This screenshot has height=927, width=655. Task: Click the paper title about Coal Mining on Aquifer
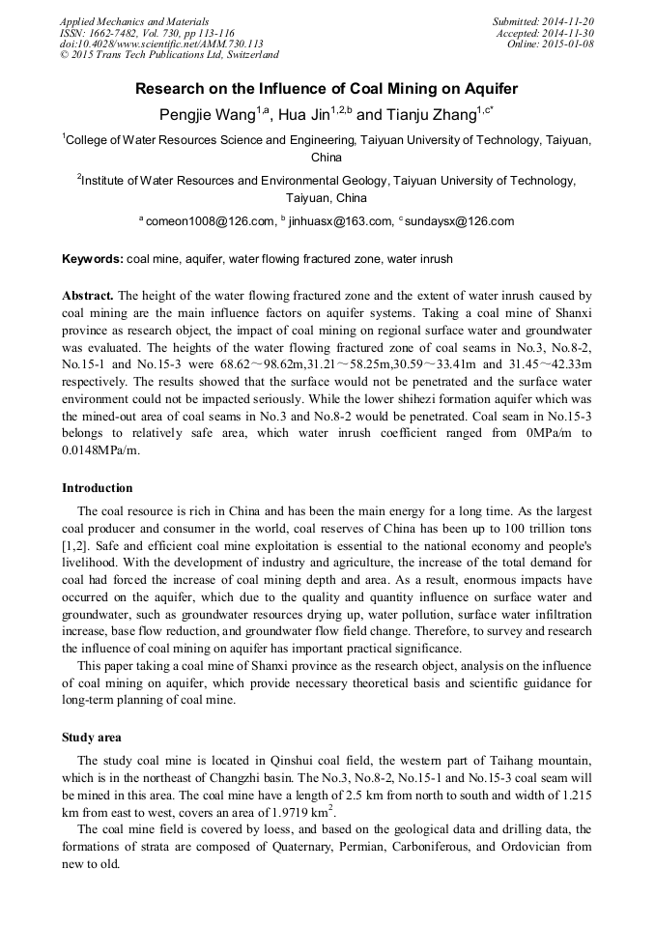click(327, 89)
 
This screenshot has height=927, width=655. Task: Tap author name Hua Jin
click(304, 115)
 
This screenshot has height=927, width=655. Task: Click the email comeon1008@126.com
click(212, 221)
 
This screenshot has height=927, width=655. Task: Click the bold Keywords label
click(92, 260)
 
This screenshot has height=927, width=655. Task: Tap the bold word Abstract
click(88, 295)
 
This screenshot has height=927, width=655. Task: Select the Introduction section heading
click(98, 488)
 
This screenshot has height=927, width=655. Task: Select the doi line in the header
click(161, 44)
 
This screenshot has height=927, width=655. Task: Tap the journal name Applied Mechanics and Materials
click(134, 21)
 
